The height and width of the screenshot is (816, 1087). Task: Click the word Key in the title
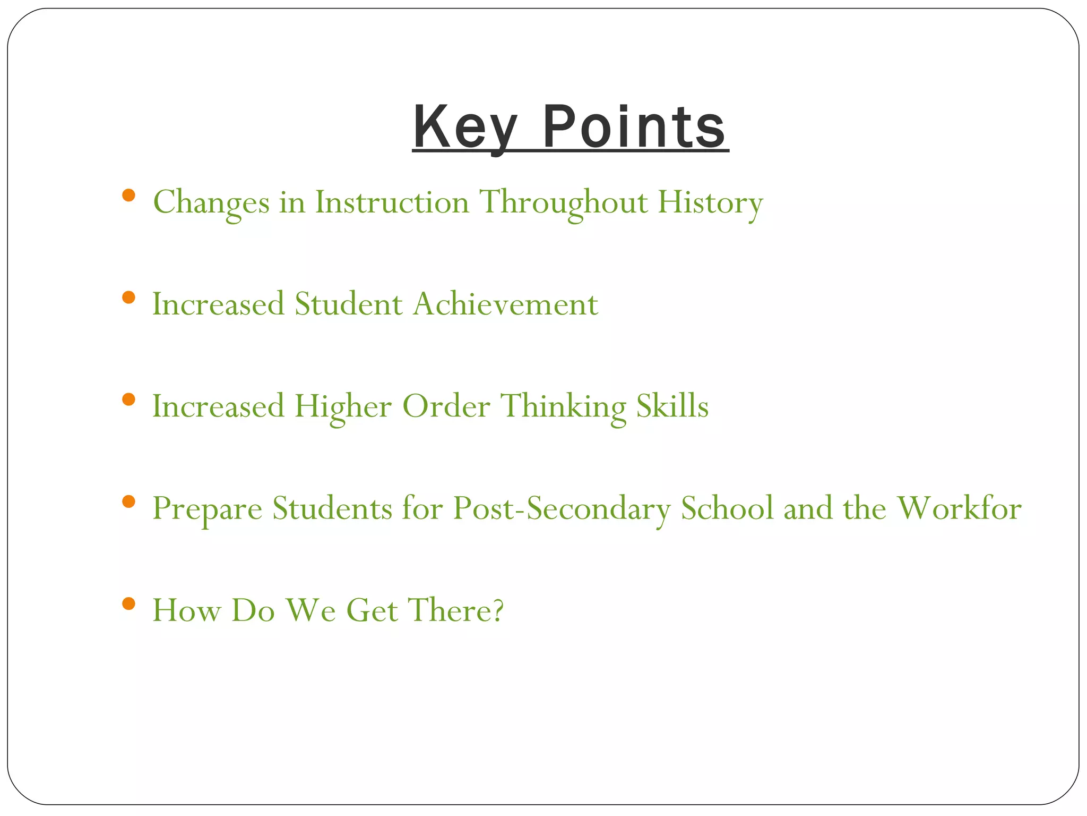click(465, 127)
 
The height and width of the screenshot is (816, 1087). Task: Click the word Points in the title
click(634, 127)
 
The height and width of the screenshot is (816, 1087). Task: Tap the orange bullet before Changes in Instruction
click(128, 195)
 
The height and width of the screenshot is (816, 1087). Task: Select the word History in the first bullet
click(710, 203)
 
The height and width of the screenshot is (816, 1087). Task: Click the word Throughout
click(564, 203)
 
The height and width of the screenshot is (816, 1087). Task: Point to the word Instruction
click(392, 203)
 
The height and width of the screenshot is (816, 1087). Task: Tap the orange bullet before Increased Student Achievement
click(128, 297)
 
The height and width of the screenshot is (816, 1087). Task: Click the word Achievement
click(505, 304)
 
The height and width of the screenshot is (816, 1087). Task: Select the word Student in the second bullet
click(348, 304)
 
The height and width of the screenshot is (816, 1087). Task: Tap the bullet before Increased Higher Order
click(128, 399)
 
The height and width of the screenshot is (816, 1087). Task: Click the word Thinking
click(564, 407)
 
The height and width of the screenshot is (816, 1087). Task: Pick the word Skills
click(672, 406)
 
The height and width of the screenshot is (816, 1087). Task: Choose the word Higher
click(343, 407)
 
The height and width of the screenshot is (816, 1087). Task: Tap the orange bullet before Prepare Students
click(128, 501)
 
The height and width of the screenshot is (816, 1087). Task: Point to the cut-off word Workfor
click(959, 508)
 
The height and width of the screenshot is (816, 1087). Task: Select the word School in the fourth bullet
click(727, 508)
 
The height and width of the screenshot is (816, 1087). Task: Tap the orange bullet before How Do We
click(128, 603)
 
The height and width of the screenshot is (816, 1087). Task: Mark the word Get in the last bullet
click(372, 610)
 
